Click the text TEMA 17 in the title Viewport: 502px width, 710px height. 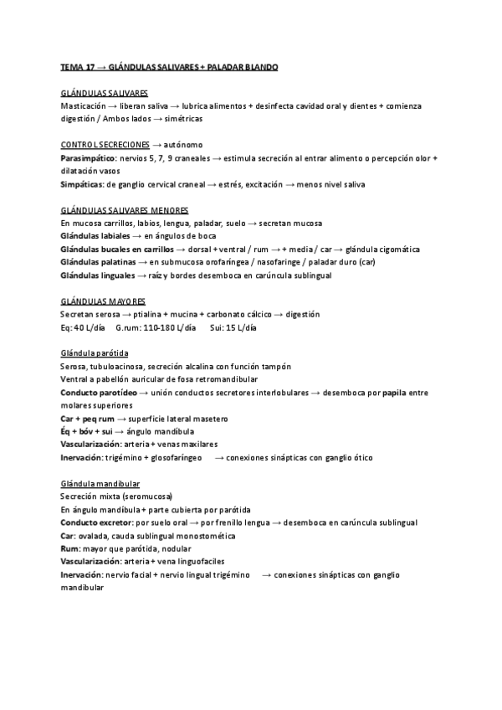78,66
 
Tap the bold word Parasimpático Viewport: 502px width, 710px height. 88,157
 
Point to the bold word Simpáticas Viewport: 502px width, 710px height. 82,184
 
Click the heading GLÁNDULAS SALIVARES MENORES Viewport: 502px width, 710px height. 125,210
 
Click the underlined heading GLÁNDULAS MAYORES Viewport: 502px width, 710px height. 103,301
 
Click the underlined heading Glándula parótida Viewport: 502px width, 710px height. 95,353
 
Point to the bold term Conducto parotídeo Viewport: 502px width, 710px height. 97,393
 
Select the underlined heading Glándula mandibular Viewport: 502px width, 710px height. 100,484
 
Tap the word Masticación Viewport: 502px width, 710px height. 84,106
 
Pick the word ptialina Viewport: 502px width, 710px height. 145,314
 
